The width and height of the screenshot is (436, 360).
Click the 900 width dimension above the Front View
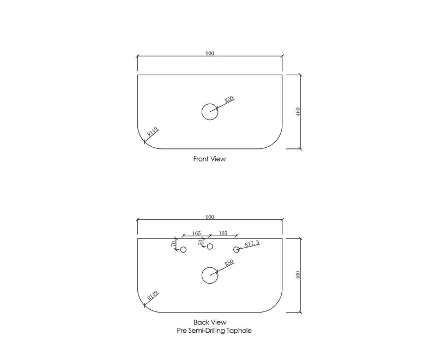point(210,53)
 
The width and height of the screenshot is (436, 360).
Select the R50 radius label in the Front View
point(229,99)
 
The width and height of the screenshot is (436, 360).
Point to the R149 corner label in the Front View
point(153,132)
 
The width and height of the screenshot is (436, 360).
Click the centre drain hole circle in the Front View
point(210,112)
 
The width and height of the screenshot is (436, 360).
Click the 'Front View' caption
point(209,160)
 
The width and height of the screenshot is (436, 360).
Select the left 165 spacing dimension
point(196,233)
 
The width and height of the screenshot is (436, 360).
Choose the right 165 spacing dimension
point(222,233)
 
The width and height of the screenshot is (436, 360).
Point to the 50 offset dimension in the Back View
point(201,242)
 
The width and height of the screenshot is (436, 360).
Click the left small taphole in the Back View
point(183,250)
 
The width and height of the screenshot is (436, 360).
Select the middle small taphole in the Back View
point(210,247)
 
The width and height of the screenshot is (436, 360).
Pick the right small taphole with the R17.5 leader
point(237,250)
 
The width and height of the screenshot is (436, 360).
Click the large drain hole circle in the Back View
point(210,275)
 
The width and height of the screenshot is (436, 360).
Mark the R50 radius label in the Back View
point(229,263)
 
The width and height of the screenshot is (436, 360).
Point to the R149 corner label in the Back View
point(153,296)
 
